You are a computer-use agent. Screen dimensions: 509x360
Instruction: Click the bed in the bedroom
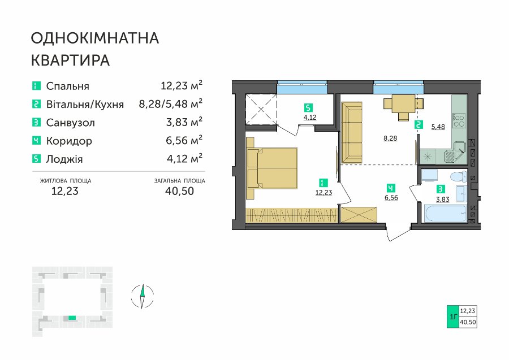pos(272,168)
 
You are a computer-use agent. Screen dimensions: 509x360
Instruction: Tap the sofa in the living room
pos(352,133)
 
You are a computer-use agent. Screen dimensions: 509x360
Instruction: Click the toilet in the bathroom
pos(458,177)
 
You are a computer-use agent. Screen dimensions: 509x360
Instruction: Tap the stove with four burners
pos(459,120)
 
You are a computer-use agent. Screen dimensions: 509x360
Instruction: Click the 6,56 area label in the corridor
pos(391,197)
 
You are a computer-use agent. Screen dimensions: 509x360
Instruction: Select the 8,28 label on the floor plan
pos(390,138)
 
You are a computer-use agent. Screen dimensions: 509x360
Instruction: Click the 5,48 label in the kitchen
pos(438,127)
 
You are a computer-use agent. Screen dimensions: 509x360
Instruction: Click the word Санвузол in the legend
pos(71,123)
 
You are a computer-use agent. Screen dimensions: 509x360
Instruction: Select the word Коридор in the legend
pos(69,141)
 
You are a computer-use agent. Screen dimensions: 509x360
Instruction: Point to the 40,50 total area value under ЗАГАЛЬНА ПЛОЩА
pos(179,190)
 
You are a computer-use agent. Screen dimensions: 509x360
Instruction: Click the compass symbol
pos(142,296)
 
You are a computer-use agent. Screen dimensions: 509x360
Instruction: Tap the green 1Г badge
pos(453,316)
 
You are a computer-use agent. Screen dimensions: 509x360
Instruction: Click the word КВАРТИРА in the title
pos(71,60)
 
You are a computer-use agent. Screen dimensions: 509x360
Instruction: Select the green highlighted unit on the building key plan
pos(72,318)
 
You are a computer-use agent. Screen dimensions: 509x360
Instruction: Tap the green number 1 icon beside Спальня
pos(36,86)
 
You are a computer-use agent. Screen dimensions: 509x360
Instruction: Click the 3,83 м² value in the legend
pos(184,122)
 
